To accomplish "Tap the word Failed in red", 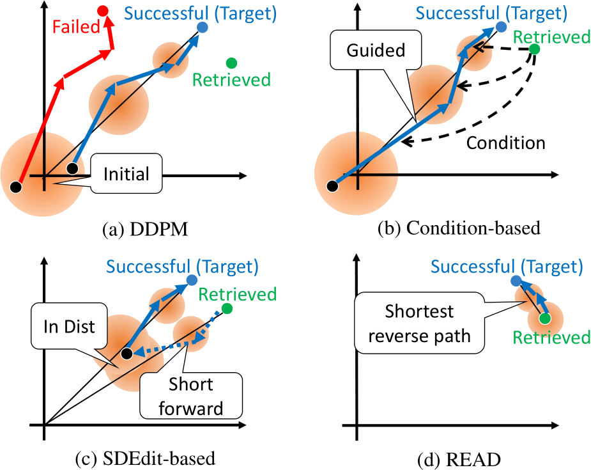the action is click(76, 27).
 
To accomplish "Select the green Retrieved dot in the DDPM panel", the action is click(231, 63).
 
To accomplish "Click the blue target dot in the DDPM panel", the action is click(203, 27).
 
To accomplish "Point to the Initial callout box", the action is click(127, 173).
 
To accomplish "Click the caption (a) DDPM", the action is click(145, 230).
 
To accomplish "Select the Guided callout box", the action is click(376, 50).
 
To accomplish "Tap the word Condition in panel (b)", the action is click(506, 143).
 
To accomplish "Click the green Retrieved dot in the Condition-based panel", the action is click(535, 49).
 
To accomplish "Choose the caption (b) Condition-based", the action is click(459, 228).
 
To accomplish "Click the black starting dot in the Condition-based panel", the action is click(332, 186).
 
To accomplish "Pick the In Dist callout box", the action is click(69, 326).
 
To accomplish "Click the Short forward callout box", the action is click(191, 396).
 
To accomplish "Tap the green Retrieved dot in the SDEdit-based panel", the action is click(227, 309).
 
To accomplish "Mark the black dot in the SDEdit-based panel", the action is click(127, 354).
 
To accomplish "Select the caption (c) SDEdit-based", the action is click(145, 458).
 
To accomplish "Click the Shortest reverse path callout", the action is click(419, 323).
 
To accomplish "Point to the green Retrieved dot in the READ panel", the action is click(544, 318).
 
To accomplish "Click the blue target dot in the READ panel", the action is click(516, 281).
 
